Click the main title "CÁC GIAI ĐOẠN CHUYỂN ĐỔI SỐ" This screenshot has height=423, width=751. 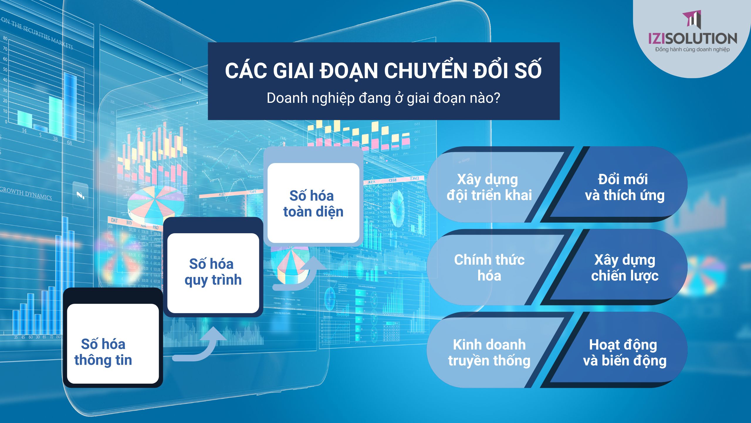click(x=383, y=70)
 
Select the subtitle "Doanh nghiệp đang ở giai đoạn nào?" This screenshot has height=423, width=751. click(x=383, y=98)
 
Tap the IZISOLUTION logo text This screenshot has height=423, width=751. click(x=692, y=39)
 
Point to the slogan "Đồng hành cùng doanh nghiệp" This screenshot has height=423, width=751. click(x=692, y=50)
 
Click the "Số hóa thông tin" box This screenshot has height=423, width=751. click(x=113, y=344)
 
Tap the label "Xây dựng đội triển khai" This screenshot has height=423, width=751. click(x=489, y=187)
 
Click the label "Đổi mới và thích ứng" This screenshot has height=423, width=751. click(x=624, y=187)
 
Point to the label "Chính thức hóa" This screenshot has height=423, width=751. click(x=489, y=268)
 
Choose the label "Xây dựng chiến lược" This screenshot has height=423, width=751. click(x=624, y=268)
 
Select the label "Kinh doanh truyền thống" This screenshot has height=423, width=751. click(x=489, y=352)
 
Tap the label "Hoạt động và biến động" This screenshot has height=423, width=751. click(x=624, y=352)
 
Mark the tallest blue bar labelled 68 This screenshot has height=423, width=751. click(x=70, y=106)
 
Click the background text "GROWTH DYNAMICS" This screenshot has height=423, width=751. click(x=26, y=194)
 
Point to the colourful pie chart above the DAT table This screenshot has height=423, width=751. click(x=155, y=203)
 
